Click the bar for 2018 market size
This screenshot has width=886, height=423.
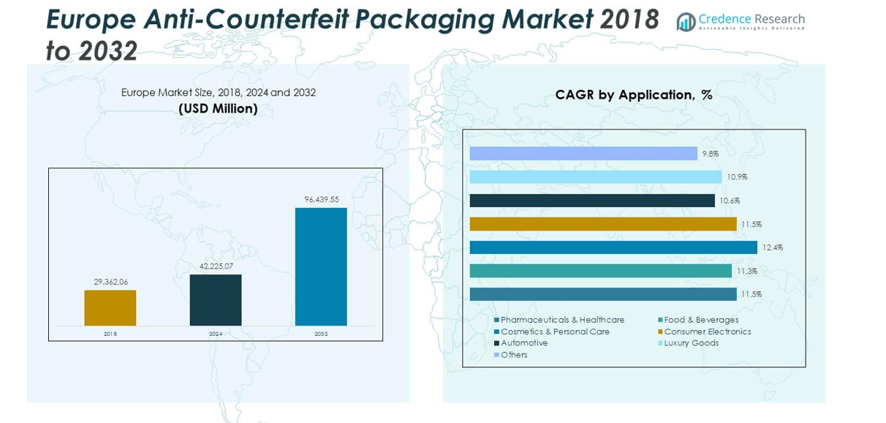click(x=110, y=307)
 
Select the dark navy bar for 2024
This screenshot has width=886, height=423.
click(x=216, y=300)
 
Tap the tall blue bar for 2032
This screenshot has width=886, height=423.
click(x=321, y=266)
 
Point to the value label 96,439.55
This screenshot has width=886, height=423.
click(x=322, y=199)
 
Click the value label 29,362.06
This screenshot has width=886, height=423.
click(x=110, y=282)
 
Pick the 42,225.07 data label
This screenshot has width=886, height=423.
click(x=216, y=266)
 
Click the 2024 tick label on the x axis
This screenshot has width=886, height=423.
click(x=216, y=334)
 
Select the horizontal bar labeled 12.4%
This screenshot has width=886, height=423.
click(x=613, y=247)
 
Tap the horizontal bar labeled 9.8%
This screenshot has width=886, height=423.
click(x=583, y=154)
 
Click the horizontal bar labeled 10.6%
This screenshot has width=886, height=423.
click(x=592, y=201)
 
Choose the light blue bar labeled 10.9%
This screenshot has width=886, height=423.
click(x=596, y=177)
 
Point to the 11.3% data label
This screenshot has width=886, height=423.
click(x=747, y=271)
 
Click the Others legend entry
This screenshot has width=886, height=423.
click(x=513, y=355)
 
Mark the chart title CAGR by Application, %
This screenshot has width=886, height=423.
click(x=633, y=94)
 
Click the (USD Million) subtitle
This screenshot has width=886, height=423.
click(x=218, y=108)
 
